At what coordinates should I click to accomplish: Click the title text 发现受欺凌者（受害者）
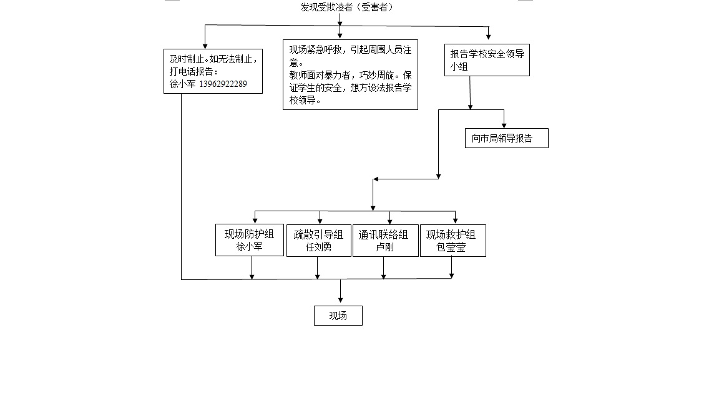[348, 7]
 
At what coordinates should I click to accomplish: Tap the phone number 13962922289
[223, 84]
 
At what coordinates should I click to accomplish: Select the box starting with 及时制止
[213, 71]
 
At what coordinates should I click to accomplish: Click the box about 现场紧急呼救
[350, 74]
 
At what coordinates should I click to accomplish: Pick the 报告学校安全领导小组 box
[487, 60]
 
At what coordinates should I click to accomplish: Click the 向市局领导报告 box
[506, 139]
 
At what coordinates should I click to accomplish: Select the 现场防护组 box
[249, 241]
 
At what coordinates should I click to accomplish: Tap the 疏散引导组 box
[318, 241]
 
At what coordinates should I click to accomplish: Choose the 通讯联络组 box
[385, 241]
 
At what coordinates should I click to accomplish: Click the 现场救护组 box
[452, 241]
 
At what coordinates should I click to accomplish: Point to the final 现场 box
[338, 316]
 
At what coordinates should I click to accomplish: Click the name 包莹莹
[451, 247]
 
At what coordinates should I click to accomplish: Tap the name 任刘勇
[318, 247]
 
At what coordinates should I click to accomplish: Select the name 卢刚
[384, 247]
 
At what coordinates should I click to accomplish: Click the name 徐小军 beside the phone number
[182, 84]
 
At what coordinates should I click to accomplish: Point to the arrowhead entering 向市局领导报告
[504, 125]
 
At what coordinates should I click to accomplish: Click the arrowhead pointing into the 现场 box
[340, 301]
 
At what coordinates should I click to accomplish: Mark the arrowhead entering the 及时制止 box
[205, 45]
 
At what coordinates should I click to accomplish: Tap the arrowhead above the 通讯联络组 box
[390, 221]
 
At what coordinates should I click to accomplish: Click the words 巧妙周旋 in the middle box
[376, 75]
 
